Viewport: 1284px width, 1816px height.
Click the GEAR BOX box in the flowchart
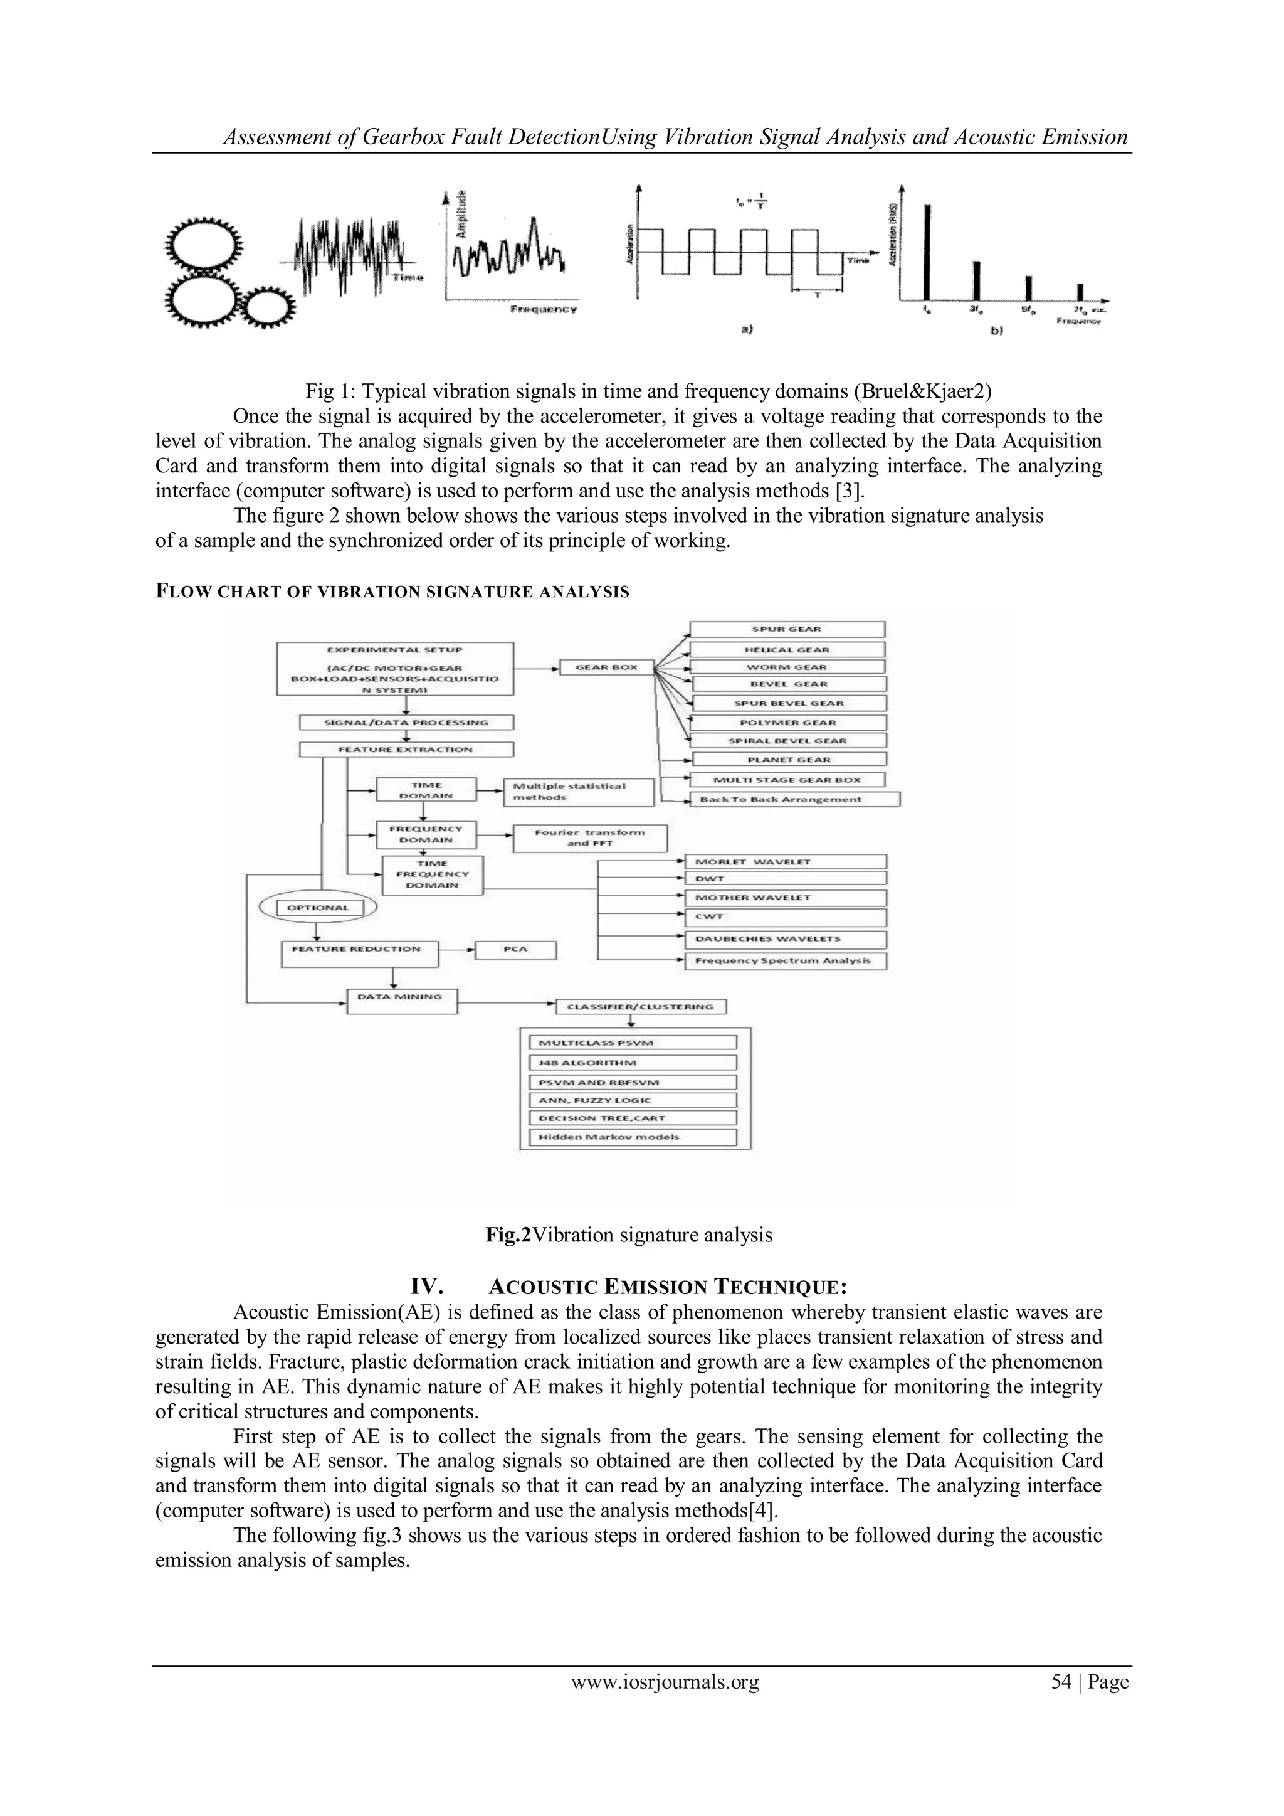click(x=606, y=667)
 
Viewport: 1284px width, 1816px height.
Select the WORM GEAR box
click(x=787, y=667)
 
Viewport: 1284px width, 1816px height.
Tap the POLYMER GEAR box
click(x=787, y=723)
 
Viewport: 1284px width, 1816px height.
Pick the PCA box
click(x=515, y=950)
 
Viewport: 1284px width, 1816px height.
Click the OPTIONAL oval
click(x=317, y=908)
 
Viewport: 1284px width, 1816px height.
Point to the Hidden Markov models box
click(x=632, y=1137)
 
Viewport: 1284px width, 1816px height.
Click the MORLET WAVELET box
click(x=786, y=862)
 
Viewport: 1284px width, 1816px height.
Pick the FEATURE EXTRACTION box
click(x=406, y=750)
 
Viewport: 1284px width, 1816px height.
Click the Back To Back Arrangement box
click(x=794, y=800)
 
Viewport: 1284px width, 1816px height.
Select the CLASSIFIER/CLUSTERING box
click(x=641, y=1007)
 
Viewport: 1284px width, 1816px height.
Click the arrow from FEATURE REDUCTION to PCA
click(x=457, y=949)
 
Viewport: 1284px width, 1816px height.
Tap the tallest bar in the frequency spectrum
click(x=927, y=252)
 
